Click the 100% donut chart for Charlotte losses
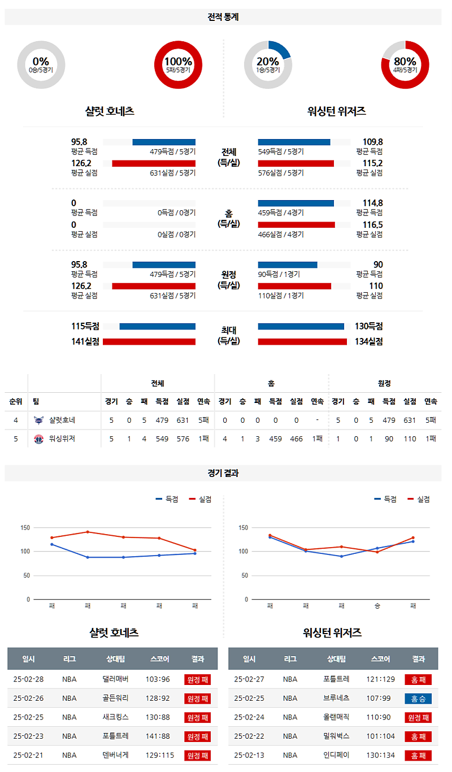point(178,65)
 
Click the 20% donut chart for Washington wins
point(268,65)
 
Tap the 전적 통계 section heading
point(223,17)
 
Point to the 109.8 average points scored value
point(372,142)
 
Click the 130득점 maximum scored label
point(368,326)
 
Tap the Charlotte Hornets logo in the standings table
point(38,420)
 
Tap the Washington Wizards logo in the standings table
point(38,439)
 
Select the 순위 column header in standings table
point(16,401)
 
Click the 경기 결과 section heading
point(223,473)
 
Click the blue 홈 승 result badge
point(418,699)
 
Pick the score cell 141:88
point(160,736)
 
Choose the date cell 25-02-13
point(249,755)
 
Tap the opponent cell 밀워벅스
point(336,736)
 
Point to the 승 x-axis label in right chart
point(377,606)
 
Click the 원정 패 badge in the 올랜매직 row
point(418,717)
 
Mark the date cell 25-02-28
point(28,679)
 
